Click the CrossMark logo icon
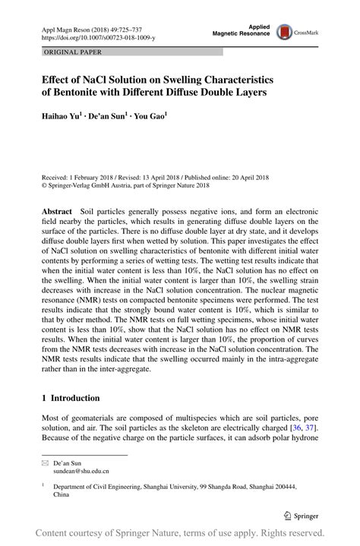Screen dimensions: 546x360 284,31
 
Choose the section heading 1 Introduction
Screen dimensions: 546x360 71,399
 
